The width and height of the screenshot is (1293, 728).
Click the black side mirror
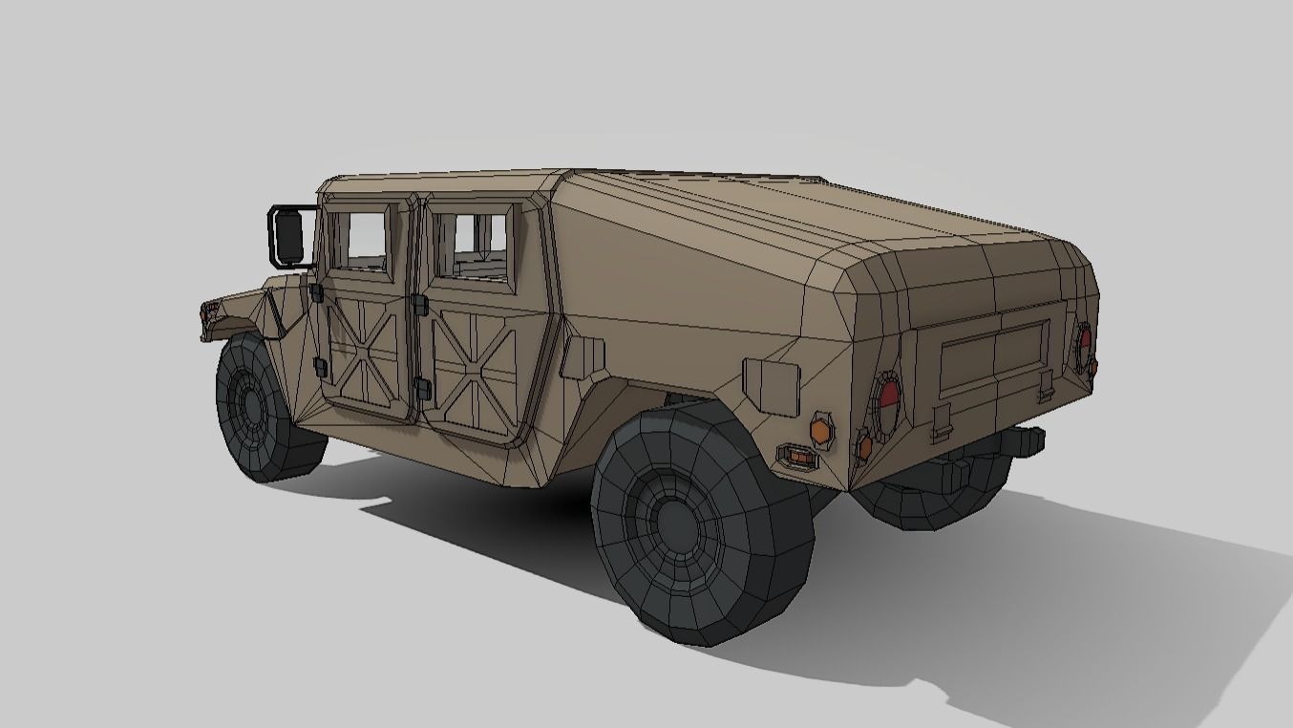point(287,236)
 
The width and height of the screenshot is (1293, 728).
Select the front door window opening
point(360,240)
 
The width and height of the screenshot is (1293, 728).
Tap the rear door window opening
point(471,244)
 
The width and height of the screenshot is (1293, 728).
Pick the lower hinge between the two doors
point(421,388)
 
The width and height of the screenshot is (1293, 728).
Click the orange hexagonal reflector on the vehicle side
point(820,429)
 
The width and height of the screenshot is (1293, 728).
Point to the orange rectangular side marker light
point(797,456)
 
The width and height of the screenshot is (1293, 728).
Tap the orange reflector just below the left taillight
point(864,445)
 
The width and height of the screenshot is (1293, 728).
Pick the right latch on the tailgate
point(1047,385)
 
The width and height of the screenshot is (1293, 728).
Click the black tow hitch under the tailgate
point(1021,440)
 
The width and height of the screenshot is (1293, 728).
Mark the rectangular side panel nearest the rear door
point(583,356)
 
